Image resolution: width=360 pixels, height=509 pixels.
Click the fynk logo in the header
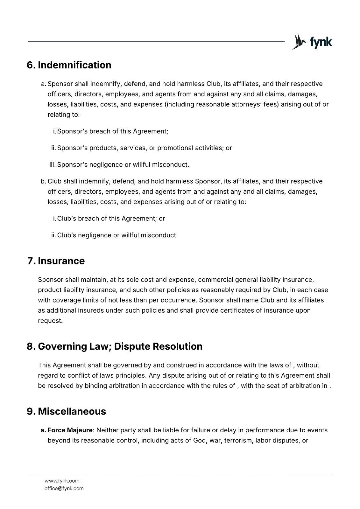pos(312,42)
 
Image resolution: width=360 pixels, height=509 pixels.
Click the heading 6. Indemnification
pos(69,65)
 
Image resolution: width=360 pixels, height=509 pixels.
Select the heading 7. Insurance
pos(56,261)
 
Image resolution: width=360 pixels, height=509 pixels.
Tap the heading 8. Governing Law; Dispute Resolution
pos(115,346)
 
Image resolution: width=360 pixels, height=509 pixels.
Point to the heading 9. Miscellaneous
pos(66,411)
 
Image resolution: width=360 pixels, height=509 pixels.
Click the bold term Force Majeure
pos(70,430)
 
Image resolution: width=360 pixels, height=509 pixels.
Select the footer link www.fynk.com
pos(62,481)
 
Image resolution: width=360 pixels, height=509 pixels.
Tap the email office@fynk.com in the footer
pos(64,488)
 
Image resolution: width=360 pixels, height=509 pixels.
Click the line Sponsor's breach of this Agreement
pos(112,131)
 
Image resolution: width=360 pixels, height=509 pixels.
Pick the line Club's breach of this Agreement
pos(111,219)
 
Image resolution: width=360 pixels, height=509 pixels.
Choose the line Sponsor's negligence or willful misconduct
pos(123,165)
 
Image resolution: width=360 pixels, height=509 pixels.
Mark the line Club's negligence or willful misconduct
pos(117,235)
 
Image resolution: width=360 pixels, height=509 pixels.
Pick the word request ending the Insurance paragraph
pos(50,321)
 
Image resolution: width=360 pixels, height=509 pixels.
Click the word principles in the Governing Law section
pos(129,375)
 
